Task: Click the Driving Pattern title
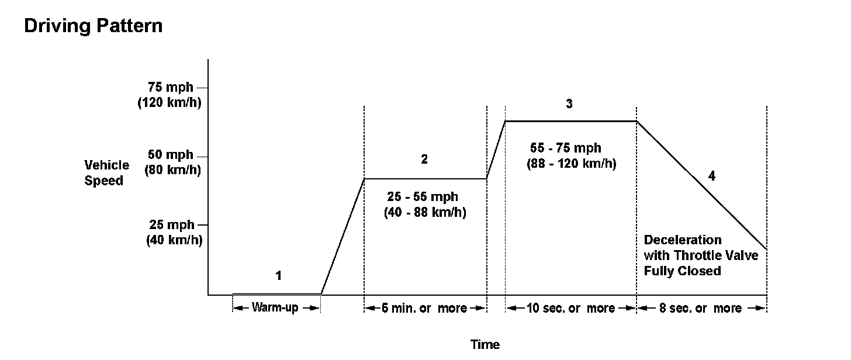pos(94,27)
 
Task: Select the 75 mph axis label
pos(171,88)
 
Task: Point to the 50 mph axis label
pos(171,155)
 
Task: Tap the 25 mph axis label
pos(171,224)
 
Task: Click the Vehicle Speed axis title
pos(107,172)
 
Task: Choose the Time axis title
pos(485,344)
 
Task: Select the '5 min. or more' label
pos(424,308)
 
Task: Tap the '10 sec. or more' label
pos(570,308)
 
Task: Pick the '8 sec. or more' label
pos(700,308)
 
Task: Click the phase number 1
pos(279,275)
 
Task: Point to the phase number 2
pos(424,159)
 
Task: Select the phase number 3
pos(569,104)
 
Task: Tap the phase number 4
pos(711,175)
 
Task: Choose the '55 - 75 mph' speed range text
pos(566,148)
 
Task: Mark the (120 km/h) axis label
pos(169,103)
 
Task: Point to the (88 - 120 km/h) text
pos(572,164)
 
